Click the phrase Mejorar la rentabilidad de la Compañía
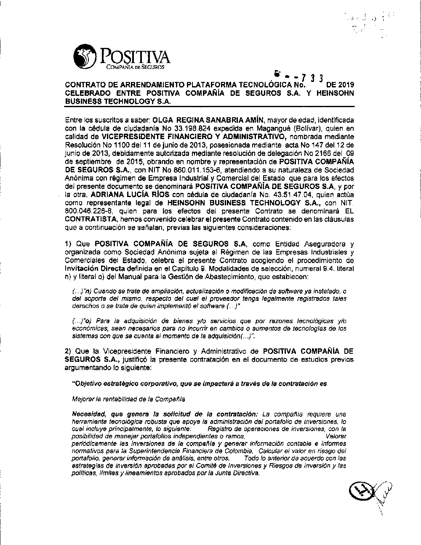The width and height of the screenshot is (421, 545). point(129,399)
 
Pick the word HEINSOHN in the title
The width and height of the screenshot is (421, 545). point(333,93)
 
